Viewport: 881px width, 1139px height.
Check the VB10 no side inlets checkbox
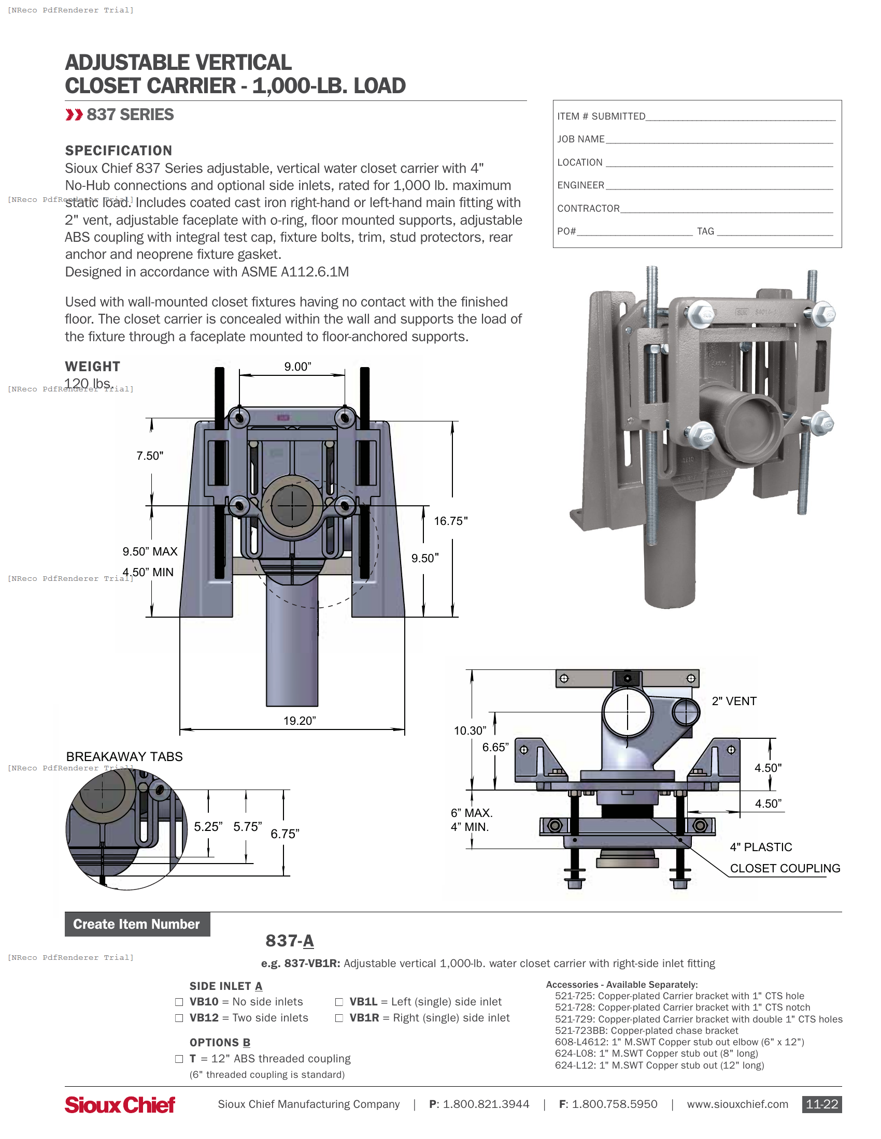[x=179, y=1002]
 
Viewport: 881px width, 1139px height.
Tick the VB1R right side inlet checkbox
[x=339, y=1018]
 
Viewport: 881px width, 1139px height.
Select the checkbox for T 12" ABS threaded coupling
[x=179, y=1059]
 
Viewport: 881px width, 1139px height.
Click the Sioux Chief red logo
[x=120, y=1105]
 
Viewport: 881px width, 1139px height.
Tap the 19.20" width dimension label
[x=300, y=721]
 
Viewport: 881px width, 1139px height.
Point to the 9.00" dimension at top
[x=297, y=367]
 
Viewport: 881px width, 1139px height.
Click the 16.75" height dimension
[x=450, y=521]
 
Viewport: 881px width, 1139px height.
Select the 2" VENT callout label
[x=734, y=701]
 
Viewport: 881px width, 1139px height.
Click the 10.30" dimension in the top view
[x=470, y=731]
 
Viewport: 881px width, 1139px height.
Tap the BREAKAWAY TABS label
[x=124, y=756]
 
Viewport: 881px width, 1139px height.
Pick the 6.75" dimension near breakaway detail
[x=285, y=834]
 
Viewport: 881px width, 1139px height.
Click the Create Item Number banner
[x=137, y=924]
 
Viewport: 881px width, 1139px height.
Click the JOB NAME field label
[x=580, y=139]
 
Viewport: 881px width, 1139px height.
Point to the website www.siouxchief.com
[x=737, y=1104]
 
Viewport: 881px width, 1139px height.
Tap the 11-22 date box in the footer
[x=821, y=1104]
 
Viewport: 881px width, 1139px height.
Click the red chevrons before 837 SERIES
[x=74, y=115]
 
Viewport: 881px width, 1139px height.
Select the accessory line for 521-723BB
[x=646, y=1030]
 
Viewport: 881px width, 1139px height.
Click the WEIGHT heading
[x=92, y=367]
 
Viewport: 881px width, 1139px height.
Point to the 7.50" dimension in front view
[x=150, y=456]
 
